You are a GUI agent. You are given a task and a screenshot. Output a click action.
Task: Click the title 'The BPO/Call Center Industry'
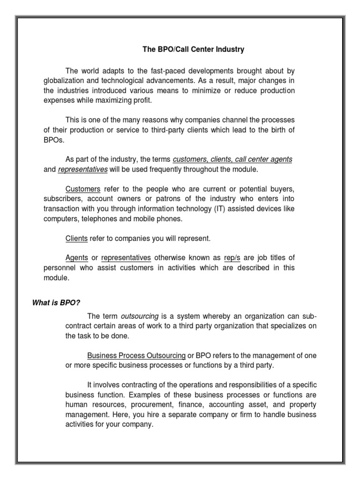(x=194, y=49)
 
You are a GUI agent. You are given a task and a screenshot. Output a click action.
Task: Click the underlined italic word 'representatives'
(x=83, y=169)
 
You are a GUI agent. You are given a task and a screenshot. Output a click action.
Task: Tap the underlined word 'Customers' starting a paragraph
(x=83, y=189)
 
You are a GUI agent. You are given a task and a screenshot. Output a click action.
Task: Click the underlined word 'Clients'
(x=76, y=239)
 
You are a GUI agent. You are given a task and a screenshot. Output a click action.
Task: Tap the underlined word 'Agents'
(x=77, y=258)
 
